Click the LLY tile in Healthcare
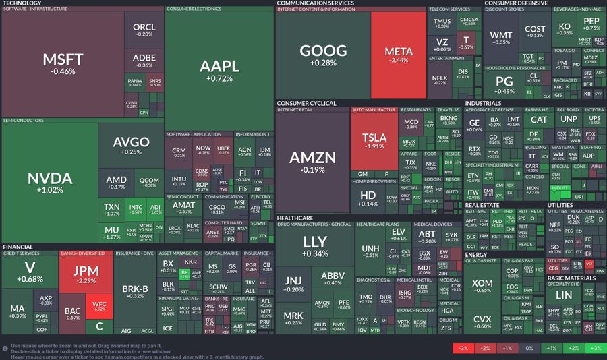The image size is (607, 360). (x=315, y=246)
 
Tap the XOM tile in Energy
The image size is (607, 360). (x=482, y=286)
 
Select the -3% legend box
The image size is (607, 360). (x=463, y=348)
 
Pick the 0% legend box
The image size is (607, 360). (x=529, y=348)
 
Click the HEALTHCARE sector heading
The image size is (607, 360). (x=295, y=218)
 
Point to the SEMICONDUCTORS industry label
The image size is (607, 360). (x=24, y=121)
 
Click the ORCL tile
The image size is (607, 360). (x=144, y=30)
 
